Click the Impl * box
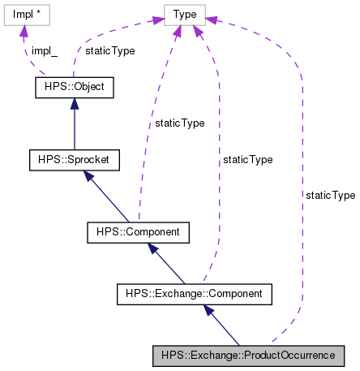(27, 14)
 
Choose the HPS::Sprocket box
(75, 159)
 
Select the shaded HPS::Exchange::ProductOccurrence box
(248, 356)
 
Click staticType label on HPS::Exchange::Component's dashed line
(250, 160)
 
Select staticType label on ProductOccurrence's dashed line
(330, 195)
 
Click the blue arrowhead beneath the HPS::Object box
(75, 102)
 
